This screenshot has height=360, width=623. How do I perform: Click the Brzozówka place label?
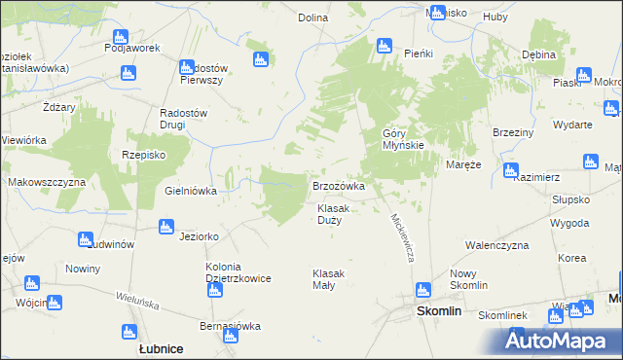pyautogui.click(x=338, y=185)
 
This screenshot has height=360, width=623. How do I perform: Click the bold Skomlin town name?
pyautogui.click(x=438, y=311)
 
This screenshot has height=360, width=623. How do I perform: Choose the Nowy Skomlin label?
pyautogui.click(x=469, y=280)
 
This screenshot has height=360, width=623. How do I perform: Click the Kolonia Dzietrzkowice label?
pyautogui.click(x=238, y=272)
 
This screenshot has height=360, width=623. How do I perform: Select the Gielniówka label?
pyautogui.click(x=191, y=192)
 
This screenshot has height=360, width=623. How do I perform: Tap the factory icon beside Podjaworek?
pyautogui.click(x=128, y=72)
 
